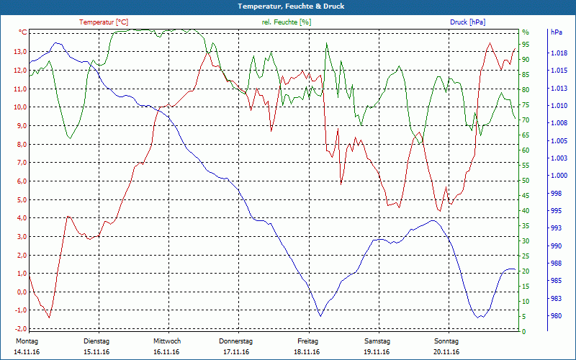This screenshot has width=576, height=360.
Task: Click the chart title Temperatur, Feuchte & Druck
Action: pyautogui.click(x=288, y=6)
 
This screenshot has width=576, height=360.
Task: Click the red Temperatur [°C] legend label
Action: pyautogui.click(x=104, y=22)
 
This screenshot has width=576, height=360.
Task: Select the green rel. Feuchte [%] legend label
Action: pyautogui.click(x=287, y=22)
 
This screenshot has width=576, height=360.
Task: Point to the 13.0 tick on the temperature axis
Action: pyautogui.click(x=20, y=52)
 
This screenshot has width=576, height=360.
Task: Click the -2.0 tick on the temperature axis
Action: pyautogui.click(x=20, y=328)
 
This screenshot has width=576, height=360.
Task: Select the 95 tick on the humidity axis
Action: pyautogui.click(x=526, y=45)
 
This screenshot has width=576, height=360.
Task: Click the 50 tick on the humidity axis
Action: pyautogui.click(x=526, y=181)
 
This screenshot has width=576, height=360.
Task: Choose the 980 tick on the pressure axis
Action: pyautogui.click(x=556, y=315)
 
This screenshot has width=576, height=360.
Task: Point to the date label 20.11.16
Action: pyautogui.click(x=446, y=352)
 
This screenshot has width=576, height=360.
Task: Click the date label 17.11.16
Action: pyautogui.click(x=236, y=352)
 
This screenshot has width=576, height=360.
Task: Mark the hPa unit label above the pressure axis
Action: pyautogui.click(x=556, y=32)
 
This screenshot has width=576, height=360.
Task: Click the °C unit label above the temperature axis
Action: pyautogui.click(x=22, y=32)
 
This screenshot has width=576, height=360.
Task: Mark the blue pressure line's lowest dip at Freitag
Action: pyautogui.click(x=320, y=315)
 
